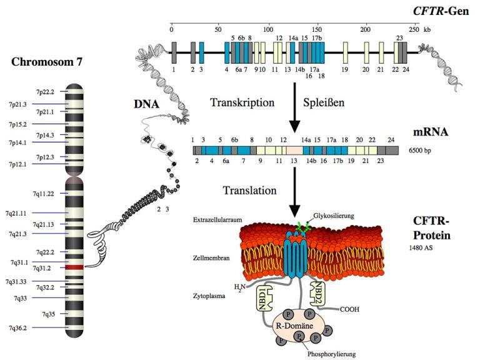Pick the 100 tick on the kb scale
point(267,29)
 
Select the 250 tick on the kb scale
point(413,29)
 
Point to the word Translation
point(248,189)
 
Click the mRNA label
point(431,133)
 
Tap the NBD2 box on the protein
point(318,292)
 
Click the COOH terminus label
point(351,309)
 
